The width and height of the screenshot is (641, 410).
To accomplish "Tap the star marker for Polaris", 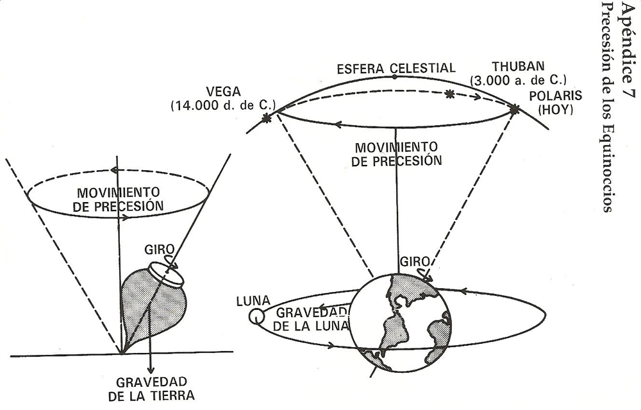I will [514, 110].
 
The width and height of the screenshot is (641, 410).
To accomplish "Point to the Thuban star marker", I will [449, 94].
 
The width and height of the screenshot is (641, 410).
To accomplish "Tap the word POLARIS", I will [557, 96].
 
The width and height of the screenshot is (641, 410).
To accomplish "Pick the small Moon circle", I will [256, 316].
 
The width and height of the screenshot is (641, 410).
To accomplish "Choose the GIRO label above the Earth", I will [412, 262].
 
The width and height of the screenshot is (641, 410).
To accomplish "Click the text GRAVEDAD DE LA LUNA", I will [313, 319].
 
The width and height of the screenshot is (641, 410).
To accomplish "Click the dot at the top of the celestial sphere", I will [394, 77].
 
